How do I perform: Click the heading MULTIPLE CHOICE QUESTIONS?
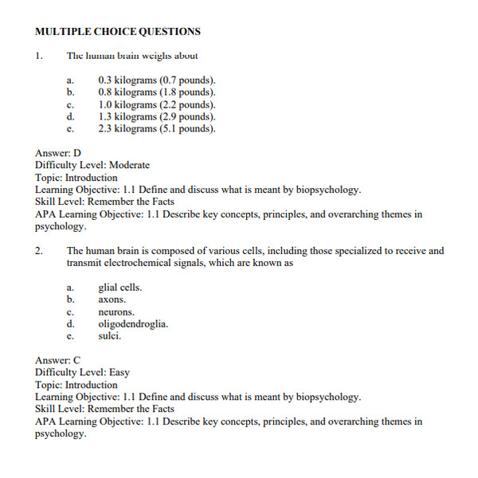click(118, 32)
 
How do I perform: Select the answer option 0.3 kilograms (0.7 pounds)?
click(156, 80)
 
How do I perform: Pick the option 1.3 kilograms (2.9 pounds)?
click(156, 116)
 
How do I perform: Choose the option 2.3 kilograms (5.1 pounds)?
click(156, 128)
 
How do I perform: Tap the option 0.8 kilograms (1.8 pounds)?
click(156, 92)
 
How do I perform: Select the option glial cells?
click(120, 288)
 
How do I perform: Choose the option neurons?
click(116, 312)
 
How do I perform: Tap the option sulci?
click(109, 336)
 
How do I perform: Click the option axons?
click(112, 300)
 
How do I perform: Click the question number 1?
click(38, 56)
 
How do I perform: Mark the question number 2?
click(38, 251)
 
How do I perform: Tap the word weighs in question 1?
click(152, 56)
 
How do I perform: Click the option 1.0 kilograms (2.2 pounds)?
click(156, 104)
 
